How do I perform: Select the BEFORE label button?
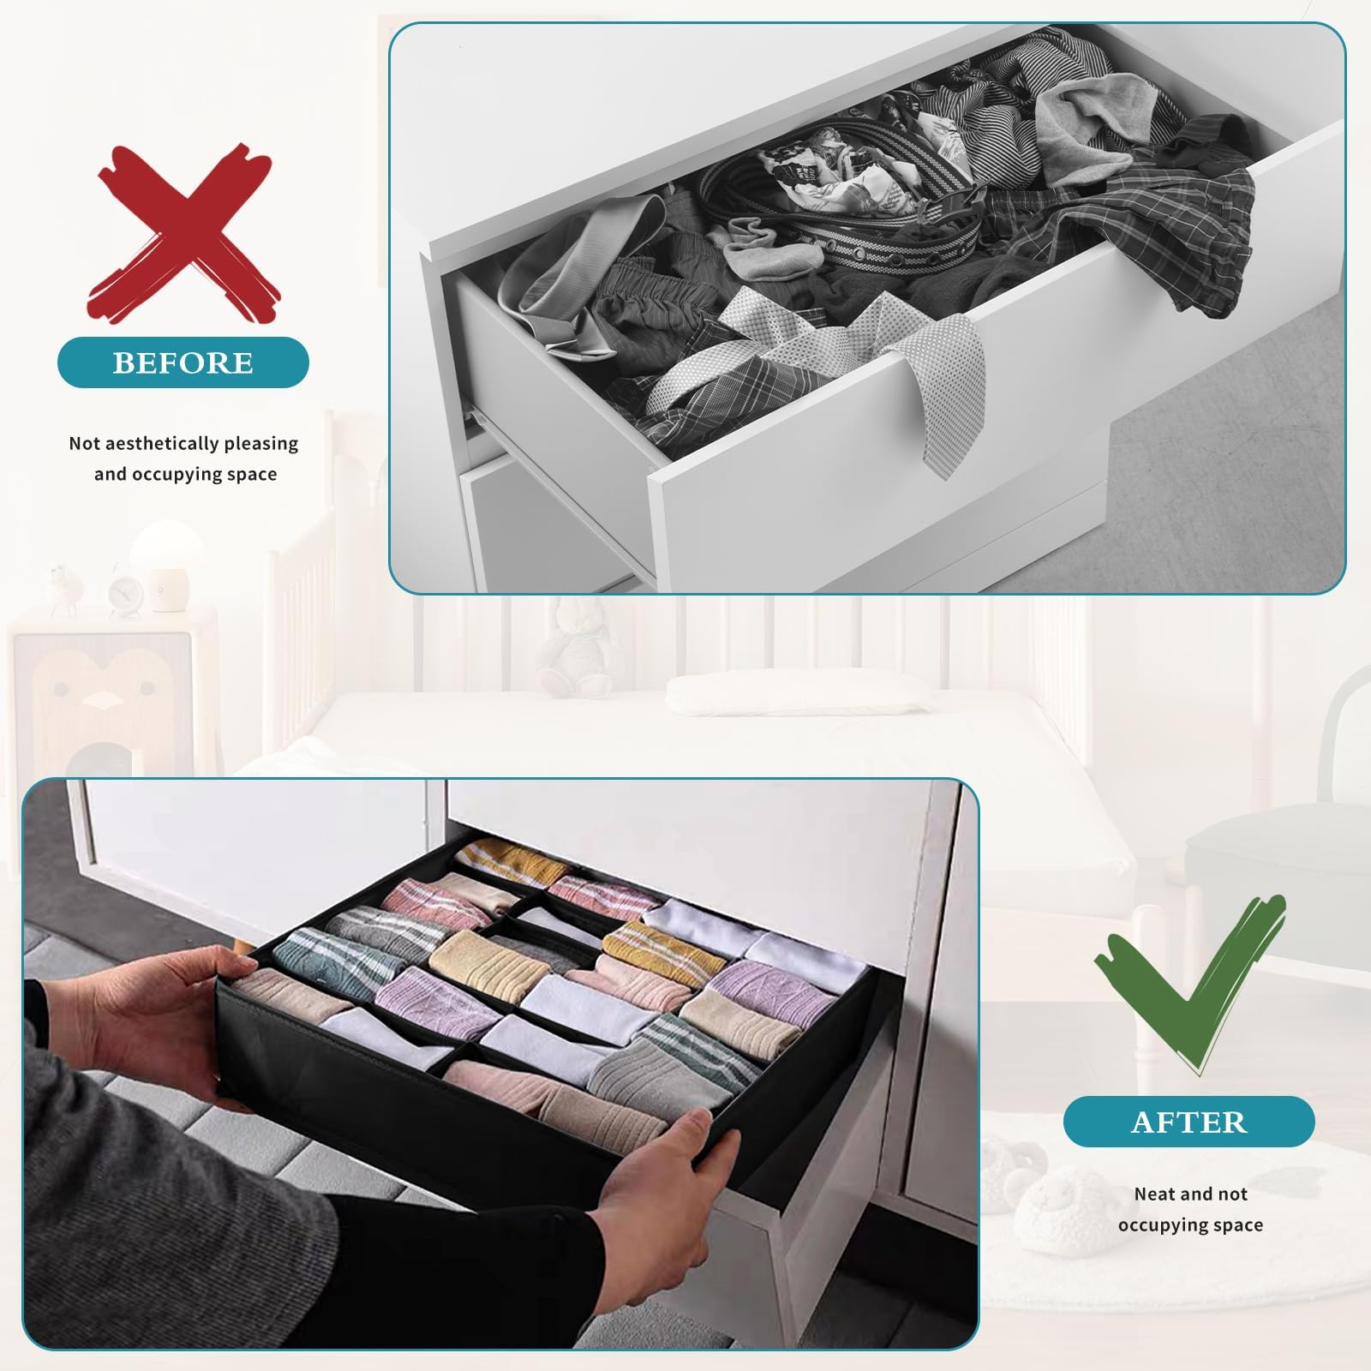[183, 362]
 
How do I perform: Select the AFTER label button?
[1188, 1122]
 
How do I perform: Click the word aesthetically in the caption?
[160, 444]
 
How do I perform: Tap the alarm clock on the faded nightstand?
[125, 592]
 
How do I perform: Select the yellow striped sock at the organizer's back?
[501, 861]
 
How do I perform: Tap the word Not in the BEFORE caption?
[85, 444]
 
